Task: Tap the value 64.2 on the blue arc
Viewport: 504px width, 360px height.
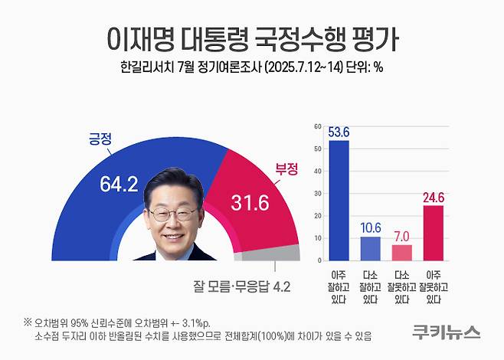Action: click(x=118, y=185)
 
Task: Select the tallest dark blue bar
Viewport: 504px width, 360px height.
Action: click(x=338, y=199)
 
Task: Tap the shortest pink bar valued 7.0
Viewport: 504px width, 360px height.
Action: click(x=402, y=252)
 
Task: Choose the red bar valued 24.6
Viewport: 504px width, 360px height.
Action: click(x=434, y=232)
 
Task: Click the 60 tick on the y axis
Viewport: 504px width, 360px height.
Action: click(x=318, y=126)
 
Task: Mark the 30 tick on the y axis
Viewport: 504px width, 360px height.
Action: click(x=318, y=193)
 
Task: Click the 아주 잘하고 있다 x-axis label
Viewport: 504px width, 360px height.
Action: click(x=338, y=284)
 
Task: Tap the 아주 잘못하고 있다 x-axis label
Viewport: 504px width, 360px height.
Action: click(x=434, y=284)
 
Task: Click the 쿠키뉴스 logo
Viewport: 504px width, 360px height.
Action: click(x=446, y=332)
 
